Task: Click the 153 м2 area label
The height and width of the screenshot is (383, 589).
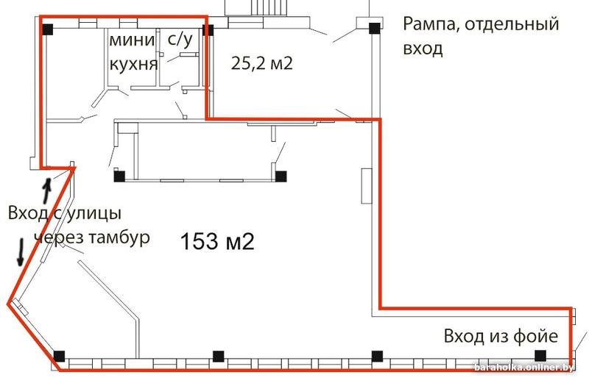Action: pyautogui.click(x=217, y=241)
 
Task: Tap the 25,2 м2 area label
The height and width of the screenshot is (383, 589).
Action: pyautogui.click(x=262, y=63)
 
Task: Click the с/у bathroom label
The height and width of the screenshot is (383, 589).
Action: pyautogui.click(x=180, y=40)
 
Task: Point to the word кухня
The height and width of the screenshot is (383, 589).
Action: pyautogui.click(x=133, y=65)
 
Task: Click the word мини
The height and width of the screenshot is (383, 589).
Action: pyautogui.click(x=132, y=40)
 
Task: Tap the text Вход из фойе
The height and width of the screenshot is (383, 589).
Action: pyautogui.click(x=501, y=336)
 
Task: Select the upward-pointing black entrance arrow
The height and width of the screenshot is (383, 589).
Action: pyautogui.click(x=46, y=190)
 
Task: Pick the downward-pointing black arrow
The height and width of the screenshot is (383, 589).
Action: pyautogui.click(x=21, y=252)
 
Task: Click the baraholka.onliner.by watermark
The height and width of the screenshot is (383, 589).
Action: pyautogui.click(x=523, y=368)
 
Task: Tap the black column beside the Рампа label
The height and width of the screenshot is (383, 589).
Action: pyautogui.click(x=374, y=28)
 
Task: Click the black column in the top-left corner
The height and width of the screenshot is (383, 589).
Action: pyautogui.click(x=47, y=29)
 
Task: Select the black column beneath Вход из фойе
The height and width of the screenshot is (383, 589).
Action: pyautogui.click(x=540, y=356)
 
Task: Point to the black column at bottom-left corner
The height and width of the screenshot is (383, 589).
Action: pyautogui.click(x=59, y=356)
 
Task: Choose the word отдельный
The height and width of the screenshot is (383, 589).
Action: pyautogui.click(x=512, y=25)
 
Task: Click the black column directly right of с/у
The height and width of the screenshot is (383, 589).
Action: pyautogui.click(x=208, y=30)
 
